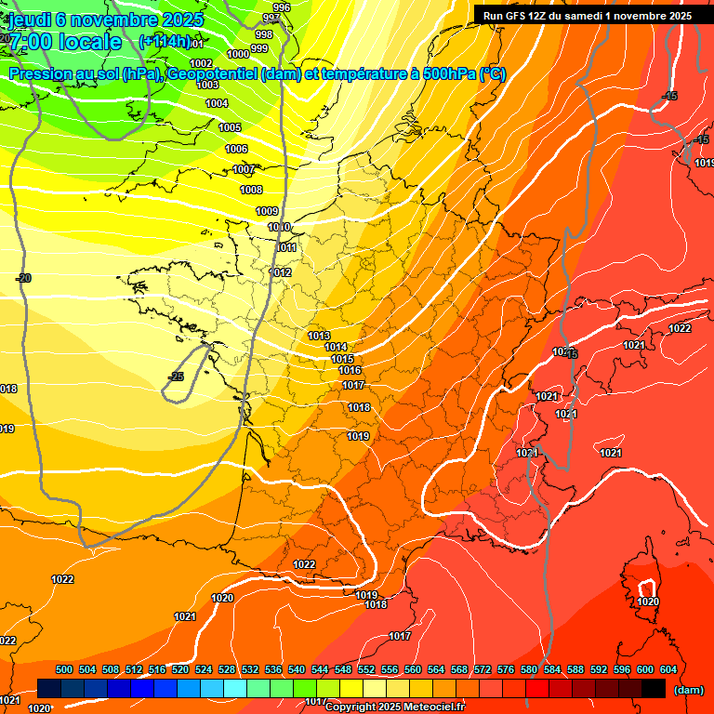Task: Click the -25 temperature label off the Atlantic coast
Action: click(x=176, y=377)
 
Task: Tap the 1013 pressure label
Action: click(x=319, y=336)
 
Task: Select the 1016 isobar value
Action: click(x=350, y=371)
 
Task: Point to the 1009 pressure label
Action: click(x=267, y=212)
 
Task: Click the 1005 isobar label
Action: click(x=230, y=128)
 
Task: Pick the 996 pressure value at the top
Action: click(x=282, y=7)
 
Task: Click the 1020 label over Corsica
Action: click(x=648, y=602)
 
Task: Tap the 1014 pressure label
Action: click(x=337, y=348)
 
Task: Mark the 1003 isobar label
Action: click(x=208, y=85)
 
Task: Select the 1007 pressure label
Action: click(x=244, y=170)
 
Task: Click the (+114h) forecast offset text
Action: click(x=165, y=42)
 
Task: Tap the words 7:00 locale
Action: click(x=66, y=42)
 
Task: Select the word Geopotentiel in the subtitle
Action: click(x=213, y=74)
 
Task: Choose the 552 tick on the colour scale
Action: click(x=366, y=669)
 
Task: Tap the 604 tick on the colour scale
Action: click(x=668, y=669)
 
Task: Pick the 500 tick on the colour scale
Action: click(x=64, y=669)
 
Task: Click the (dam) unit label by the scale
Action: click(x=688, y=690)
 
